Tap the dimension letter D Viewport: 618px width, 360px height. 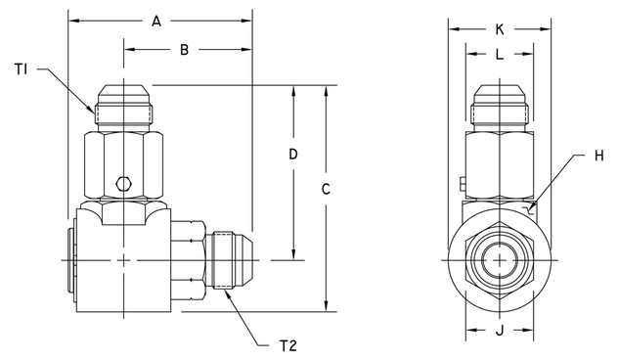click(x=293, y=155)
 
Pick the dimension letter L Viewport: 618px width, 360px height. click(x=499, y=56)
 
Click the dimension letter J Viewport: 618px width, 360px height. click(x=499, y=331)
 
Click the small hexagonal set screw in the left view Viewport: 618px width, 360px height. click(x=123, y=182)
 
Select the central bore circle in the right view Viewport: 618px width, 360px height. click(x=500, y=259)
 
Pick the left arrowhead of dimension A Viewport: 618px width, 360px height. click(x=74, y=19)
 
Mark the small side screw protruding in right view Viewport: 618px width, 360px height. click(x=460, y=181)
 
